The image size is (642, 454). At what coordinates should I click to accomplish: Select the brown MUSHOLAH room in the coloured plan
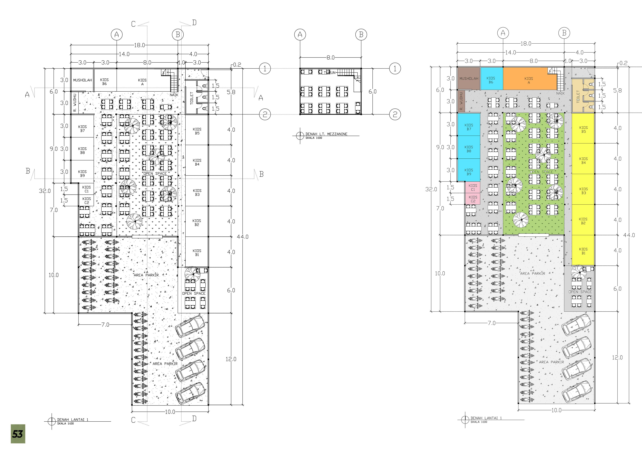pos(469,79)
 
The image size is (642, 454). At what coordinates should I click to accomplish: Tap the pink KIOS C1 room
pos(473,187)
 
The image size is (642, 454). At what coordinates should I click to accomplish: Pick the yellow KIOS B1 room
pos(583,251)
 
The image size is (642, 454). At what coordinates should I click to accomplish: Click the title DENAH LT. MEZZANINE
pos(326,134)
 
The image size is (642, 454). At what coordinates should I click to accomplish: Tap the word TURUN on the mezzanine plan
pos(330,73)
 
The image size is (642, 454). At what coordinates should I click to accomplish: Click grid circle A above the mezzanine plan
pos(300,35)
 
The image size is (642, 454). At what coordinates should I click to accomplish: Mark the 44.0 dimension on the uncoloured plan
pos(242,237)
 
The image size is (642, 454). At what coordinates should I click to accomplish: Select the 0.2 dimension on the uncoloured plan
pos(237,65)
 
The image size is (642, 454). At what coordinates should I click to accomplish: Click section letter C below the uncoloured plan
pos(133,420)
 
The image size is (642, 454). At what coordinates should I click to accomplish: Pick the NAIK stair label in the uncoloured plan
pos(174,95)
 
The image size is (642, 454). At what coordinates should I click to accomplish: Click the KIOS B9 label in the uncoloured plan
pos(82,173)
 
